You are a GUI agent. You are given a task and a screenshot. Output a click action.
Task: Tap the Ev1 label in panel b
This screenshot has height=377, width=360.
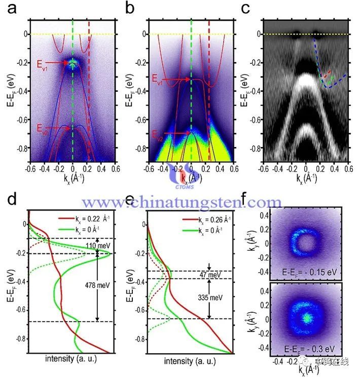click(158, 79)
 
